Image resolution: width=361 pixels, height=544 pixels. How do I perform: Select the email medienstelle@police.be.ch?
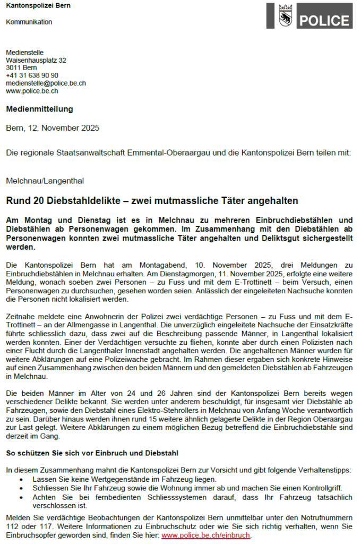(x=46, y=83)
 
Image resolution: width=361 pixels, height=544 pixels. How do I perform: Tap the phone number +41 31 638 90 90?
(x=32, y=75)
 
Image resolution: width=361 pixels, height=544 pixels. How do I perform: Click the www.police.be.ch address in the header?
(x=32, y=91)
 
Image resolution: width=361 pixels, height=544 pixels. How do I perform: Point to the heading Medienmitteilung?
(x=39, y=109)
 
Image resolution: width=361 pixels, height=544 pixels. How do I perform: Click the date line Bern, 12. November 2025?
(x=53, y=128)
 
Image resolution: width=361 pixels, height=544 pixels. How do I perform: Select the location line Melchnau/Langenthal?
(x=45, y=181)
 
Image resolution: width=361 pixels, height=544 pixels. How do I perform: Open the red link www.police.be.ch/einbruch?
(x=205, y=535)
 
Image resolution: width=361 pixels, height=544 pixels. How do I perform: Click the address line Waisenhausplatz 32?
(x=36, y=61)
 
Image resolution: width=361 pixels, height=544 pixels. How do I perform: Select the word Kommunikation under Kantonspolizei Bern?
(x=29, y=22)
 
